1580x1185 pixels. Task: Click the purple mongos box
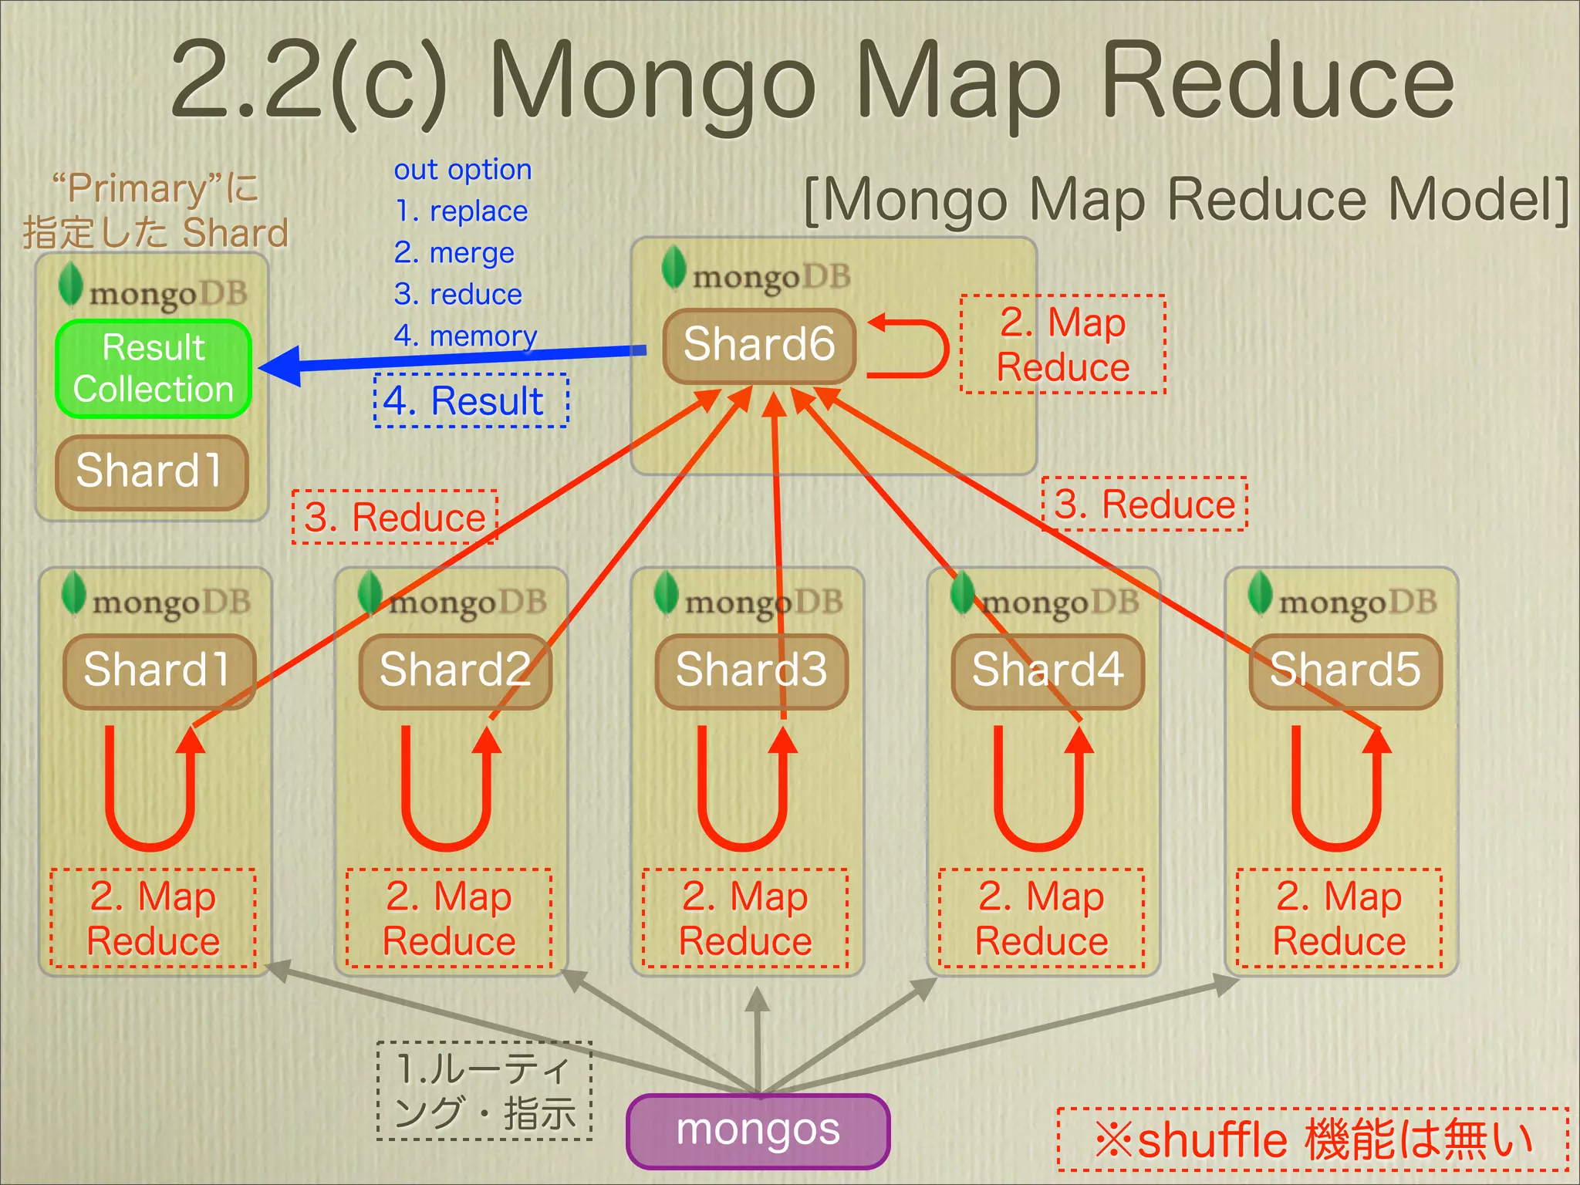[x=758, y=1131]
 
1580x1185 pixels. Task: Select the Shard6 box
[x=759, y=345]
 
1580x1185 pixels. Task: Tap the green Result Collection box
[x=154, y=369]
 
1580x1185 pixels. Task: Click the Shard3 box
[x=751, y=670]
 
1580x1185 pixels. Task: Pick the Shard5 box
[x=1345, y=670]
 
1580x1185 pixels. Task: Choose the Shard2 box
[x=455, y=670]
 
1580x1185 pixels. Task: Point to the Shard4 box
[x=1047, y=670]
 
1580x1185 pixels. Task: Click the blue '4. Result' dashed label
[x=471, y=401]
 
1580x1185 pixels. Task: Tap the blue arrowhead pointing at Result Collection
[x=282, y=366]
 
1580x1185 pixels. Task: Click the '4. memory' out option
[x=465, y=336]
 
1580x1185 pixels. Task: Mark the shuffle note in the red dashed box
[x=1312, y=1139]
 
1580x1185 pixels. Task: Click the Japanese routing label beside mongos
[x=484, y=1091]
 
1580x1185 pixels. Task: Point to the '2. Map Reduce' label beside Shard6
[x=1063, y=344]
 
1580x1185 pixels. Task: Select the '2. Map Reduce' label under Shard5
[x=1339, y=918]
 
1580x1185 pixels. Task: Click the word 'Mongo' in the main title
[x=652, y=81]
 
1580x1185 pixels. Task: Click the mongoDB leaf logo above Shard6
[x=674, y=267]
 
